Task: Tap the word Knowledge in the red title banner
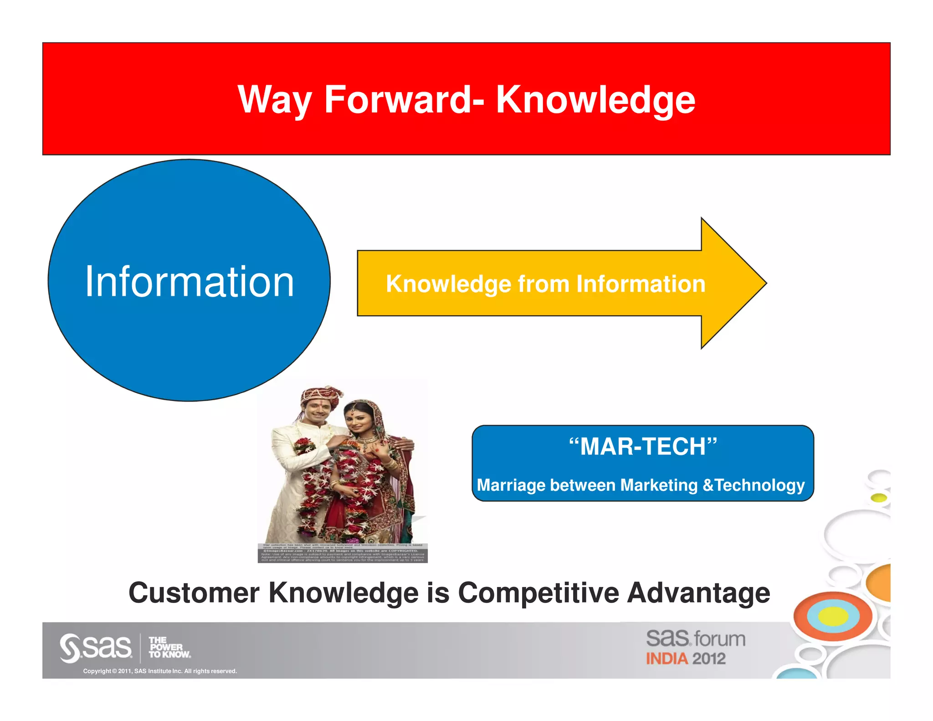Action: coord(595,101)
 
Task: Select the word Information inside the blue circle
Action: coord(190,282)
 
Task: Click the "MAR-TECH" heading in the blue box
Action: coord(643,446)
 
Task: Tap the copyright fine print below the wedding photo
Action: coord(343,552)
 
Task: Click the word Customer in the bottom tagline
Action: coord(194,592)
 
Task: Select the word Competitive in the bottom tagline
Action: coord(538,592)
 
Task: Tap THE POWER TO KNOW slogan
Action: coord(169,648)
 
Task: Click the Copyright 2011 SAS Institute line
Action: coord(160,671)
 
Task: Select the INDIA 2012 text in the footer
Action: coord(686,659)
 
